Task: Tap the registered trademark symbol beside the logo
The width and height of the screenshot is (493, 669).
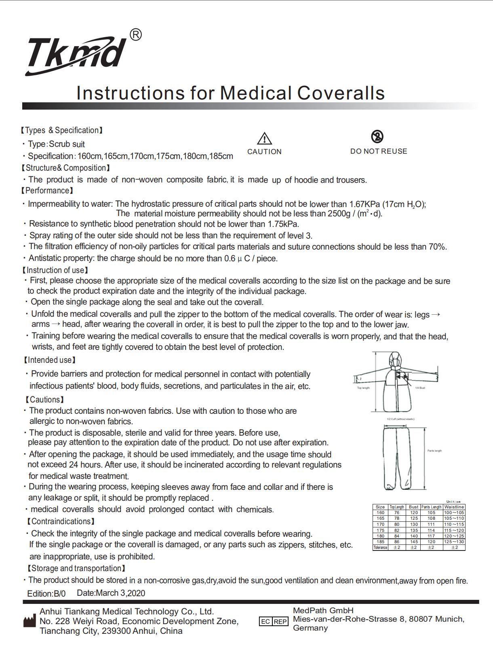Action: coord(136,35)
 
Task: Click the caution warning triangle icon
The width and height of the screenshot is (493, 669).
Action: coord(264,139)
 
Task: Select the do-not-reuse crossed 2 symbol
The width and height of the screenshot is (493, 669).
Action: coord(377,137)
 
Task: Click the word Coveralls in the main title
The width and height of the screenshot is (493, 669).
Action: coord(341,93)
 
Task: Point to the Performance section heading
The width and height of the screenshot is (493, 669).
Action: coord(47,191)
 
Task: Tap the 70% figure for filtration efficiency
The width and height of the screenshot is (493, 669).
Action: coord(437,246)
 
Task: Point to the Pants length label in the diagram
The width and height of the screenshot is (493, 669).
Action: coord(434,451)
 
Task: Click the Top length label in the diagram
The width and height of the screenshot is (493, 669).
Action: coord(363,388)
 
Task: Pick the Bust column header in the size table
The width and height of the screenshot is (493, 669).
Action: coord(413,507)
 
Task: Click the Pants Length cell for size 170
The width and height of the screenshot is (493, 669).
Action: coord(431,524)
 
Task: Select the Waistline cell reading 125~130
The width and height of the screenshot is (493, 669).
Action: coord(454,542)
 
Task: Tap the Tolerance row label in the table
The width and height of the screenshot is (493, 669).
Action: coord(380,548)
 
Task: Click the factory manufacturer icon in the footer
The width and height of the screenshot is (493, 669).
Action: coord(29,621)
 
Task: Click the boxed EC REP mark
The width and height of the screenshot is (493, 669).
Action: coord(274,621)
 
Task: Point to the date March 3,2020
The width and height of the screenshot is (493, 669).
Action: coord(111,593)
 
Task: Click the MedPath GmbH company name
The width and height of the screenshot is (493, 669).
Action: coord(323,610)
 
